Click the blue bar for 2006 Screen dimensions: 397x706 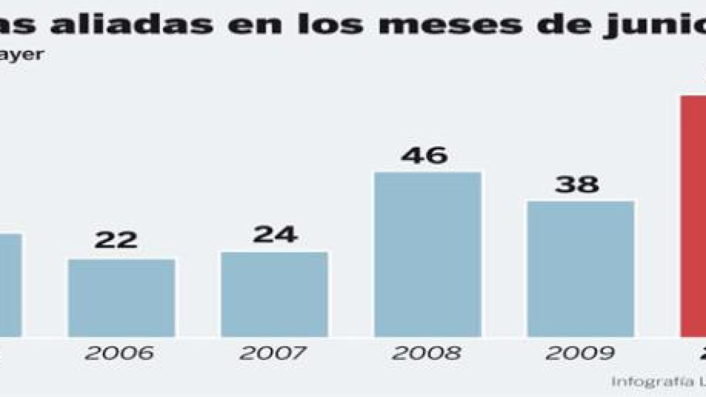[x=121, y=298]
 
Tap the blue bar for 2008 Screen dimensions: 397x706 [x=427, y=254]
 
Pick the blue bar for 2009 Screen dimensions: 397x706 [x=580, y=269]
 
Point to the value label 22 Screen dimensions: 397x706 [x=116, y=240]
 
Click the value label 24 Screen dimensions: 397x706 [x=275, y=234]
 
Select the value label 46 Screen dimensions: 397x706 [x=424, y=155]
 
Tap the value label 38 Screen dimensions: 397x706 [x=577, y=185]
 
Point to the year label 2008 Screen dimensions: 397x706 [x=427, y=353]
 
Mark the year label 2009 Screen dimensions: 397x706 [x=580, y=353]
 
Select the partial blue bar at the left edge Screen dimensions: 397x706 [x=10, y=285]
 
